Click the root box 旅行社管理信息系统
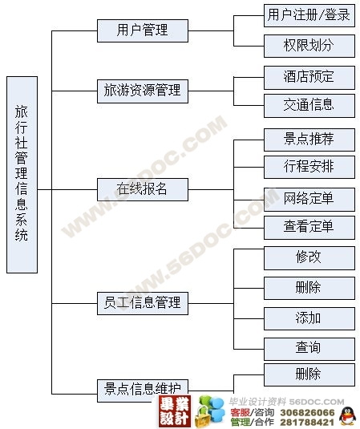[x=22, y=175]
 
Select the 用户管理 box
[x=143, y=30]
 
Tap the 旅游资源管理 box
[x=143, y=91]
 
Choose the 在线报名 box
[x=143, y=189]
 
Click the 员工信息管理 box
[x=143, y=303]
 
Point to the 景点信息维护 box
[x=143, y=391]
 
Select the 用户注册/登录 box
[x=309, y=15]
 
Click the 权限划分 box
[x=309, y=46]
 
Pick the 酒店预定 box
[x=309, y=78]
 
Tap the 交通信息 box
[x=309, y=106]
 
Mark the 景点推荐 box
[x=309, y=140]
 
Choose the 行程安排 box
[x=309, y=167]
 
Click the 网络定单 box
[x=309, y=199]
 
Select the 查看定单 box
[x=309, y=228]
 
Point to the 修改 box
[x=309, y=258]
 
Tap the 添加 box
[x=309, y=318]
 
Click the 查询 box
[x=309, y=349]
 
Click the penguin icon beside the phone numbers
[x=347, y=416]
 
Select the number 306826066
[x=307, y=413]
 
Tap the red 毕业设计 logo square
[x=175, y=411]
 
